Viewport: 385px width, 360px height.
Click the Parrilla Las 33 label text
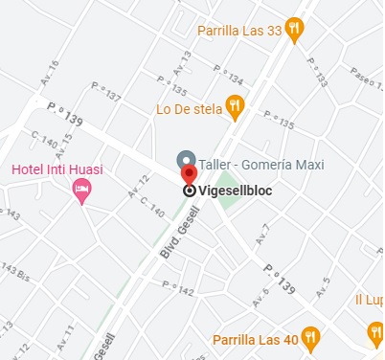click(239, 31)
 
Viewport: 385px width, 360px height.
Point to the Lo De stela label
click(189, 108)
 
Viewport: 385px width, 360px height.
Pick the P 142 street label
click(179, 288)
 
